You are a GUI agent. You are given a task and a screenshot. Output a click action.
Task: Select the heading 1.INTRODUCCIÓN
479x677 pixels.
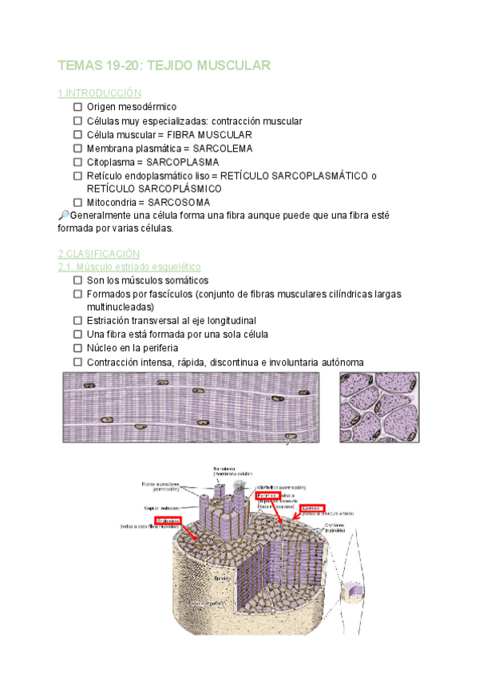100,93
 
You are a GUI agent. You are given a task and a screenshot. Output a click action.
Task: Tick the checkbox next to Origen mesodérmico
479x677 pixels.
77,107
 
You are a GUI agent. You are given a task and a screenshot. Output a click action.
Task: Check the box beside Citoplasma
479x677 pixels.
77,162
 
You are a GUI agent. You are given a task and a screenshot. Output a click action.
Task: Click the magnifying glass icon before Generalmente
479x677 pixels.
65,216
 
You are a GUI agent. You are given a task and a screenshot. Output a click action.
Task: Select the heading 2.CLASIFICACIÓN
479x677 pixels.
99,253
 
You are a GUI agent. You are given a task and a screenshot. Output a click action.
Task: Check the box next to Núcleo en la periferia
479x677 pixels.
77,348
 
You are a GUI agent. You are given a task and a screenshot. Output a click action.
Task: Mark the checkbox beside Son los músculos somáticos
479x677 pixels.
77,280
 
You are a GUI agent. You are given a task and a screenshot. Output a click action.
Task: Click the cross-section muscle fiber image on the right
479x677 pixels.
379,407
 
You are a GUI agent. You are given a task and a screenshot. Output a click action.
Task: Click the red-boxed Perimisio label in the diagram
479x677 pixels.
268,496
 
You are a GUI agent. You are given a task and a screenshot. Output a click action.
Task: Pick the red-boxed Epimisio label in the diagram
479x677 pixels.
312,507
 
